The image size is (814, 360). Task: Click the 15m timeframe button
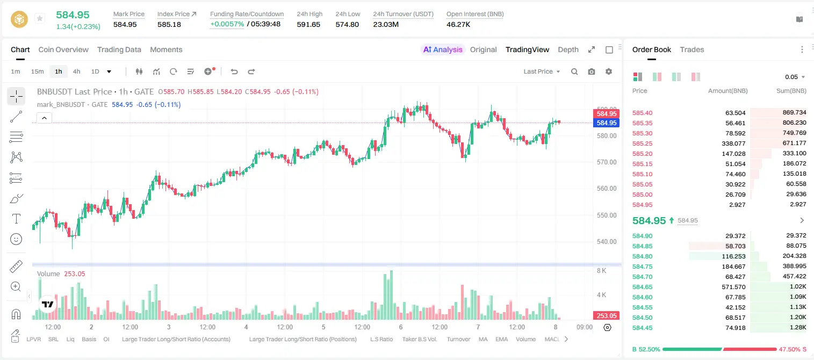click(x=38, y=71)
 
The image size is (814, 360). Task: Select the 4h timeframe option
click(x=76, y=71)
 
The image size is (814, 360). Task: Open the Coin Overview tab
click(x=63, y=49)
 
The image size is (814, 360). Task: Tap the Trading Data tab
click(x=119, y=49)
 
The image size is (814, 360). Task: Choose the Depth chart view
click(x=568, y=49)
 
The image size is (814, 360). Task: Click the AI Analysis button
click(x=443, y=49)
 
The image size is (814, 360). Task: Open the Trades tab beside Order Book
click(x=692, y=49)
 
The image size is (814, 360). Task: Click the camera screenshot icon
click(x=592, y=71)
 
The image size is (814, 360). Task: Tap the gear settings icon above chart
click(x=609, y=71)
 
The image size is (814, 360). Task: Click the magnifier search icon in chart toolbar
click(x=574, y=71)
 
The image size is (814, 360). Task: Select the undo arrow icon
click(x=234, y=71)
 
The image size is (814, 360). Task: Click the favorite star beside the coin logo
click(x=40, y=18)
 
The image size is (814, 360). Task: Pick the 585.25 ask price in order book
click(x=642, y=143)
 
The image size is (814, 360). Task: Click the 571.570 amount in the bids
click(x=733, y=287)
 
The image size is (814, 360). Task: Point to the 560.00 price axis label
click(x=607, y=189)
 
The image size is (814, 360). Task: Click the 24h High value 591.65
click(x=308, y=24)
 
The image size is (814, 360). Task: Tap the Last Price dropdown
click(x=542, y=71)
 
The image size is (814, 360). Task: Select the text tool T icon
click(x=16, y=219)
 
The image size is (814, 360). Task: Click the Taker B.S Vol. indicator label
click(x=419, y=339)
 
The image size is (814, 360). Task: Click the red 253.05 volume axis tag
click(x=606, y=316)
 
